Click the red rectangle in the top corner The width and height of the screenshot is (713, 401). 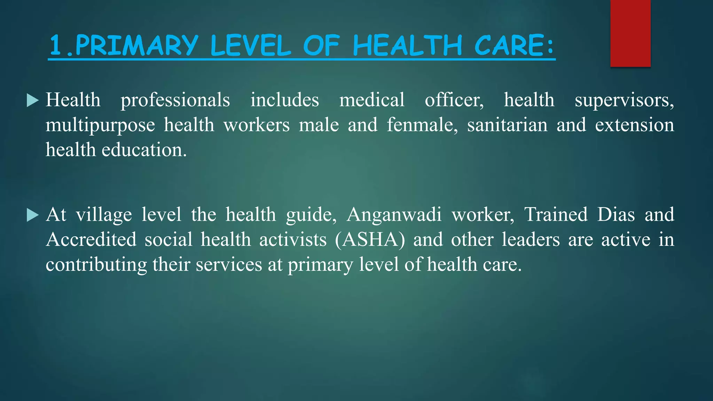(x=630, y=33)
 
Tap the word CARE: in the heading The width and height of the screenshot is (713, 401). (x=514, y=46)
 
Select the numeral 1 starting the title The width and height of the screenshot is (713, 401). (x=56, y=46)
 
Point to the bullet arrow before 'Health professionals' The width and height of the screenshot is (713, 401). (x=32, y=101)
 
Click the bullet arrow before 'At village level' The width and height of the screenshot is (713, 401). (x=32, y=215)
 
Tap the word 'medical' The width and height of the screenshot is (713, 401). (x=372, y=100)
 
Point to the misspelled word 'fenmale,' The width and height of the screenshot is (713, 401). (x=422, y=125)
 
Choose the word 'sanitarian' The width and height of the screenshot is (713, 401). (x=507, y=125)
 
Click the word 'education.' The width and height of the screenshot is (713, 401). (x=144, y=150)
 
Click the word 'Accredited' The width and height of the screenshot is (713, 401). (x=91, y=239)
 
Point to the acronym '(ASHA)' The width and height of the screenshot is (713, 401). (x=370, y=240)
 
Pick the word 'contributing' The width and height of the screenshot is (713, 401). (x=96, y=265)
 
